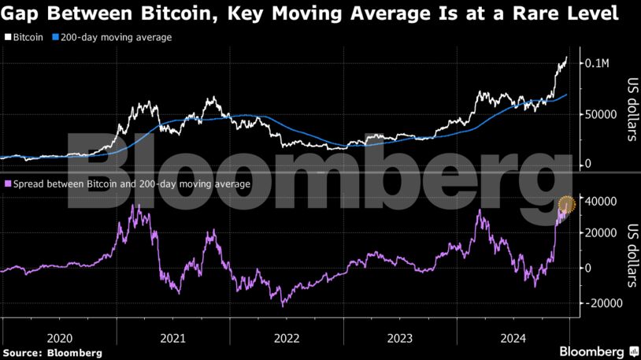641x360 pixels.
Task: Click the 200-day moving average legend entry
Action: [111, 37]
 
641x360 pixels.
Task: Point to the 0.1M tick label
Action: [596, 62]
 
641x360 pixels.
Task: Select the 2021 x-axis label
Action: [172, 339]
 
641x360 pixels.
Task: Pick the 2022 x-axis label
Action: [287, 339]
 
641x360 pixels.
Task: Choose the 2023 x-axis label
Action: [400, 339]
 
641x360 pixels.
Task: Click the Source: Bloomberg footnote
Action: [52, 352]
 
